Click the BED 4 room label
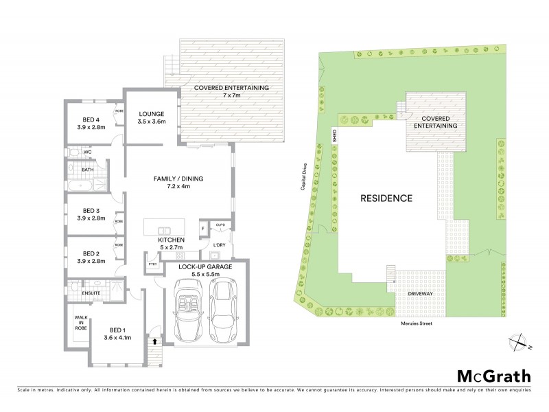coord(91,122)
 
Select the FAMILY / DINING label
coord(178,182)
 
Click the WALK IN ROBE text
coord(81,323)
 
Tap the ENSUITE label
coord(91,294)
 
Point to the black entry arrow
coord(154,340)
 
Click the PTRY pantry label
coord(152,263)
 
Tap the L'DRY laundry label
coord(220,244)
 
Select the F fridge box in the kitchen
coord(203,229)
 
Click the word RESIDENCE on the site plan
coord(386,198)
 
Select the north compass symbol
coord(519,341)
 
